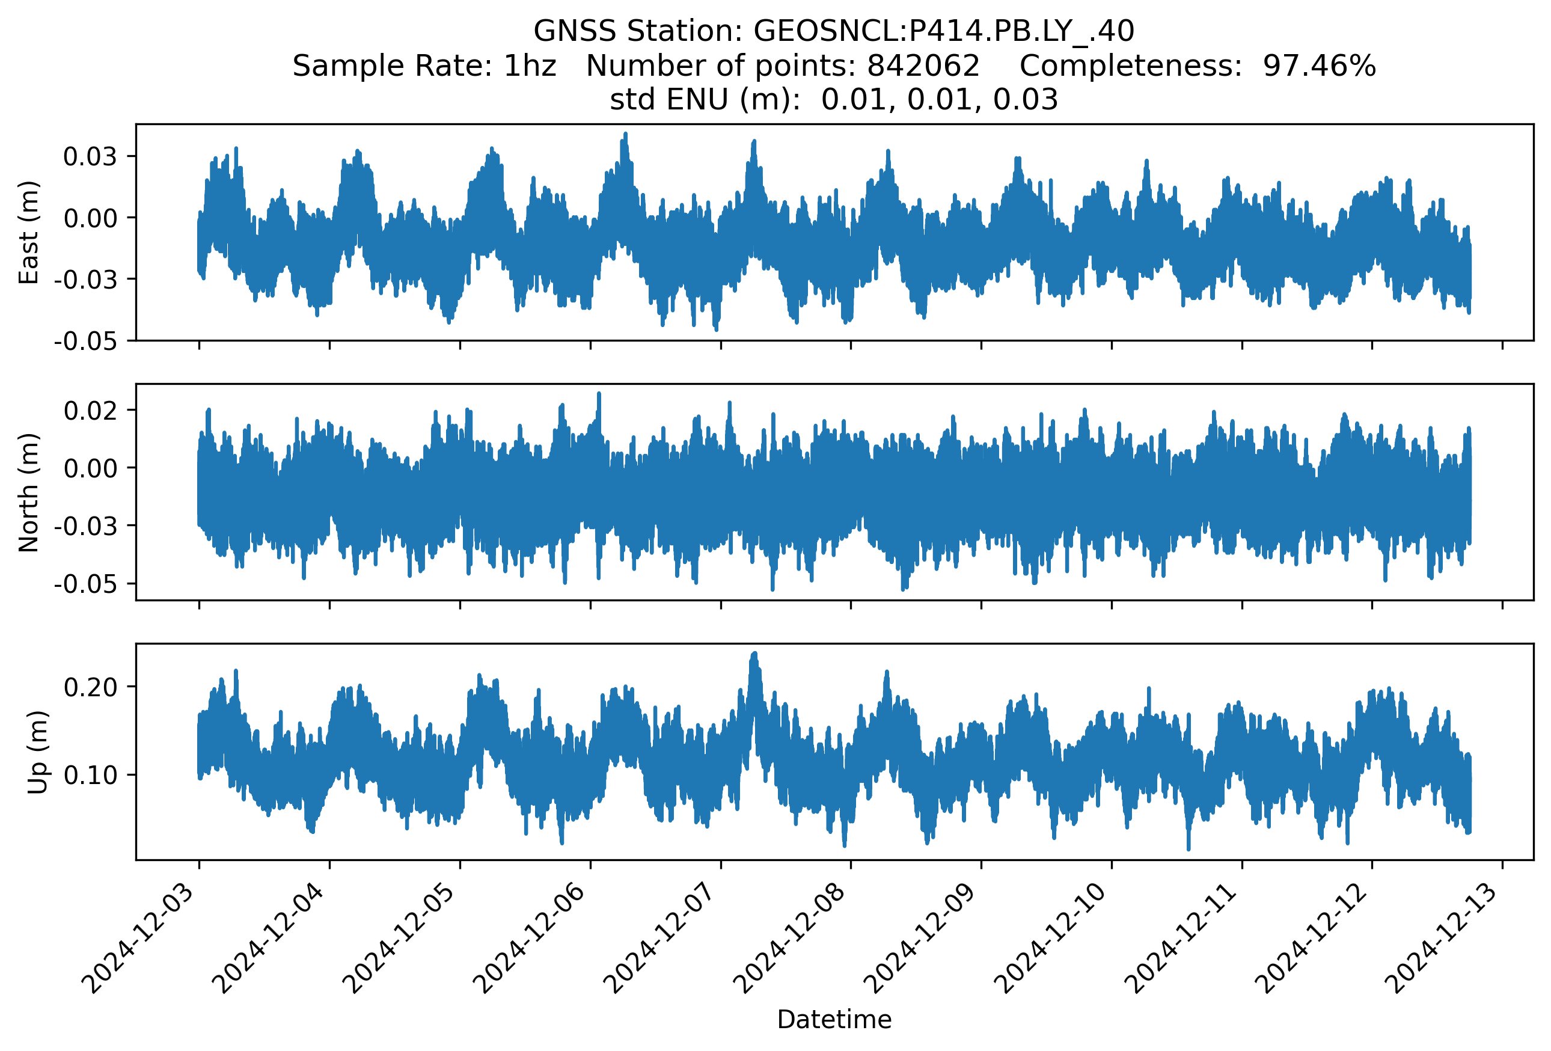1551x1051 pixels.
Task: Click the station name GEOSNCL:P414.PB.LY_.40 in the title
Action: click(x=944, y=31)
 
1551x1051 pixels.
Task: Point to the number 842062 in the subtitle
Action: click(x=923, y=66)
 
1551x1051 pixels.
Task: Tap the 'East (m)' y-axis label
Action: click(x=29, y=232)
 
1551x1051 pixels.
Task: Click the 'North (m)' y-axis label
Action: click(x=29, y=492)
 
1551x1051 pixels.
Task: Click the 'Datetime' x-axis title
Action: click(x=834, y=1020)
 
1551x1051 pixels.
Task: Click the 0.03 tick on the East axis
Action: click(x=90, y=157)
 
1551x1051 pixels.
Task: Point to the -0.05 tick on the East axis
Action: click(x=85, y=341)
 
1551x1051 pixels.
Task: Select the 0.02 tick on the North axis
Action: click(x=90, y=409)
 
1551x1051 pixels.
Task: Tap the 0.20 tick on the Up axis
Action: click(x=90, y=687)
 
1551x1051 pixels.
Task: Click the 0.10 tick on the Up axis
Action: click(x=90, y=775)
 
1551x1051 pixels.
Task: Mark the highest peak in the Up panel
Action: click(x=755, y=654)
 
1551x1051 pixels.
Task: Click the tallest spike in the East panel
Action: click(x=625, y=134)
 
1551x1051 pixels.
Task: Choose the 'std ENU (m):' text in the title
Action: click(x=705, y=100)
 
